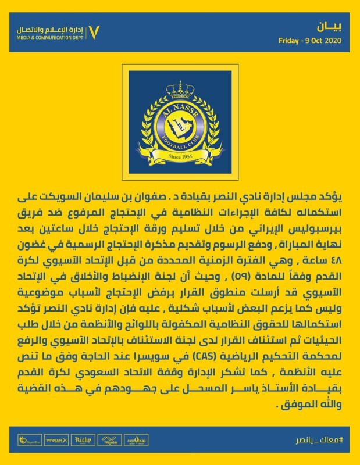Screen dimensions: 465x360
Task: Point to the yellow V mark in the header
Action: tap(97, 31)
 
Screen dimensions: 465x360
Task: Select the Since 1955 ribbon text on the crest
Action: tap(179, 156)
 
